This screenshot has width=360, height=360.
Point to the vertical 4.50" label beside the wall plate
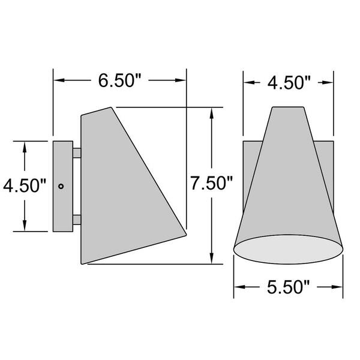point(24,185)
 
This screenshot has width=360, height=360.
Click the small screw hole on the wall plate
point(61,186)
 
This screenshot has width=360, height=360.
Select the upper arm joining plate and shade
point(76,153)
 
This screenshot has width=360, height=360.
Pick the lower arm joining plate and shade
point(76,220)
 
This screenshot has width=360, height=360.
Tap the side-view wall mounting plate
point(62,186)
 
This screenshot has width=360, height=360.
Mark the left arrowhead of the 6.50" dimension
point(58,80)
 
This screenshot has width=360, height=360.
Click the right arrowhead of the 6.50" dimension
point(182,80)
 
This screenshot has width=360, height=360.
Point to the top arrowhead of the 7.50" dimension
point(212,112)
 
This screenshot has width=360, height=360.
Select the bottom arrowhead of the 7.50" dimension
point(212,259)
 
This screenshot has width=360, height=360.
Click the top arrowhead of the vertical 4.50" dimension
point(24,146)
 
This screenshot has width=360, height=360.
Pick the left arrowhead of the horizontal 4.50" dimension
point(247,82)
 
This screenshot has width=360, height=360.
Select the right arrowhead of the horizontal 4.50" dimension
point(329,82)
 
